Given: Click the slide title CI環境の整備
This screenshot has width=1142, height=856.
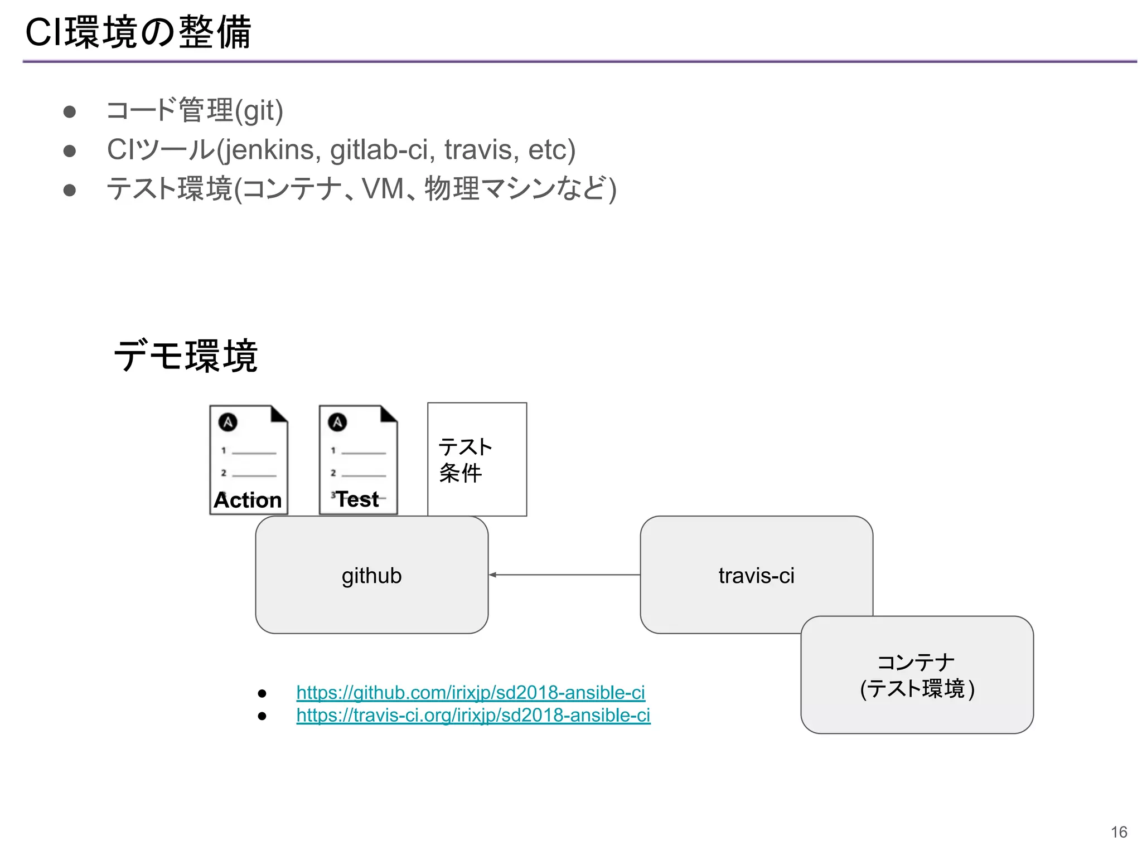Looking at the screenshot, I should point(138,32).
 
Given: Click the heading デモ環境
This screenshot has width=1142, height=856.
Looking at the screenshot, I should point(185,356).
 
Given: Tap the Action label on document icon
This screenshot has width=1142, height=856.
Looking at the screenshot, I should point(248,500).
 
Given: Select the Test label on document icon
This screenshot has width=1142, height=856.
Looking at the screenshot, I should point(357,499).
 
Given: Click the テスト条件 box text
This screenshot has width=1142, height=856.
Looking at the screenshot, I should point(464,460).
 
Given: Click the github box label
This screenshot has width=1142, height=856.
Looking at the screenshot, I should point(371,576).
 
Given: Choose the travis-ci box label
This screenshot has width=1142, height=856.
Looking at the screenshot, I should point(756,576).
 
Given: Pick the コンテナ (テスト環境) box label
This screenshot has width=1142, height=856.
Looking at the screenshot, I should point(917,675).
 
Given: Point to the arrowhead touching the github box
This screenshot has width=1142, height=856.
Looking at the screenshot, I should point(493,575).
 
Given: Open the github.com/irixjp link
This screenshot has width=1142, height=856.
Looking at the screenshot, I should point(470,692).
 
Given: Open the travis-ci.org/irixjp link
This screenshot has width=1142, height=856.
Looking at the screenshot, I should point(473,715).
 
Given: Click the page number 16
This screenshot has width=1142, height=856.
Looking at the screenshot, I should point(1119,832).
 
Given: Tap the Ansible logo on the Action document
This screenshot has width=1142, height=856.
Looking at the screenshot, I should point(228,422).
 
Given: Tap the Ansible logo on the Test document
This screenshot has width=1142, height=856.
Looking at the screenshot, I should point(337,422).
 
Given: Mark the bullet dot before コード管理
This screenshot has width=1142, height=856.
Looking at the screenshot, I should point(70,112).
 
